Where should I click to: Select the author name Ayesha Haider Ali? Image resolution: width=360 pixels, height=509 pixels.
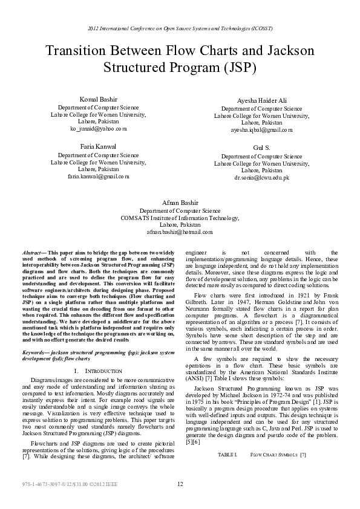tap(261, 101)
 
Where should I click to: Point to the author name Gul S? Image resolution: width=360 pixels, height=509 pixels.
tap(261, 148)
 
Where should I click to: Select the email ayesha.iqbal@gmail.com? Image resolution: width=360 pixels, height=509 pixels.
tap(261, 130)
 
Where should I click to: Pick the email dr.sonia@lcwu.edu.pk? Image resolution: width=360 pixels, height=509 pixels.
tap(261, 178)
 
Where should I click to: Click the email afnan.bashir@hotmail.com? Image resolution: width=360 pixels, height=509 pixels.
tap(180, 232)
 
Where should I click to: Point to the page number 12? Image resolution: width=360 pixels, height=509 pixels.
tap(180, 484)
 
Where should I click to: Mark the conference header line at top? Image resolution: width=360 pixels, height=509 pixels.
tap(180, 28)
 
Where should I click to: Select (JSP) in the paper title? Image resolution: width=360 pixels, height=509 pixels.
tap(240, 68)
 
